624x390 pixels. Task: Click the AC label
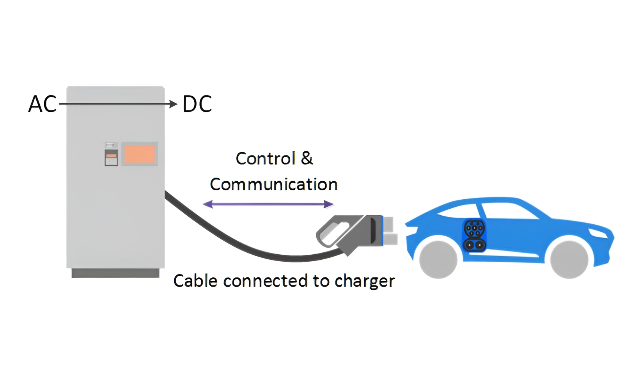[x=42, y=104]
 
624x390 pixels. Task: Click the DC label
[x=197, y=104]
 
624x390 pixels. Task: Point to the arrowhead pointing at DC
[x=173, y=104]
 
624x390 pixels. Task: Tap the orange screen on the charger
[x=140, y=154]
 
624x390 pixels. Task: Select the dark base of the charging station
[x=115, y=273]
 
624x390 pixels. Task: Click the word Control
[x=266, y=159]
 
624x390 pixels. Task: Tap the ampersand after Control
[x=307, y=158]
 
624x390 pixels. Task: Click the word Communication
[x=273, y=184]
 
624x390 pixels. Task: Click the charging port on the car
[x=474, y=235]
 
